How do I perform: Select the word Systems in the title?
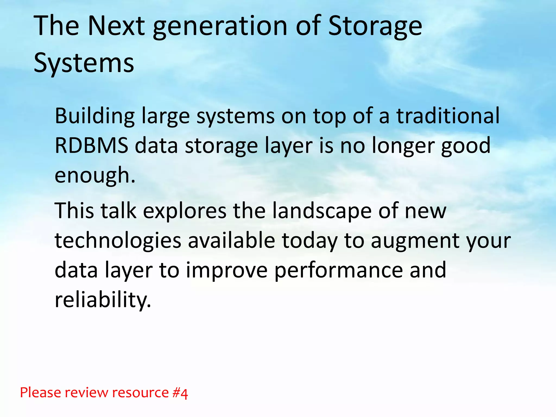pos(84,63)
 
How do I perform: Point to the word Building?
pos(95,116)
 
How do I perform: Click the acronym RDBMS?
pos(91,146)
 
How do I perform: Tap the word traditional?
pos(448,116)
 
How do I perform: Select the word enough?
pos(95,176)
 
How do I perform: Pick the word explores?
pos(185,211)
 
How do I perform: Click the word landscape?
pos(322,211)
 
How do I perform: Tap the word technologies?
pos(118,241)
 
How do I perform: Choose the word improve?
pos(227,271)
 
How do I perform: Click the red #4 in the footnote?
pos(180,393)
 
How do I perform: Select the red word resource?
pos(141,393)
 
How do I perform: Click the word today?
pos(309,241)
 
